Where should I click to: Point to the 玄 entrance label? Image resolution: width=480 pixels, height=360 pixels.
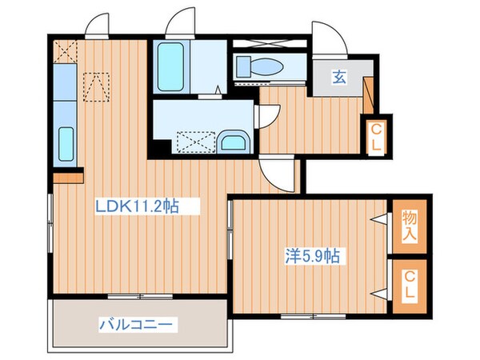tap(339, 78)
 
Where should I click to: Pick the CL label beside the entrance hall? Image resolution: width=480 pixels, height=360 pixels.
tap(374, 138)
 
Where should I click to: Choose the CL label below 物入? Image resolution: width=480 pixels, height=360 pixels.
tap(409, 286)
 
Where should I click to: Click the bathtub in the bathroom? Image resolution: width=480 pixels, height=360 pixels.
tap(170, 66)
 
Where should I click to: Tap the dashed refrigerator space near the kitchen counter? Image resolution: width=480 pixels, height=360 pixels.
tap(96, 87)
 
